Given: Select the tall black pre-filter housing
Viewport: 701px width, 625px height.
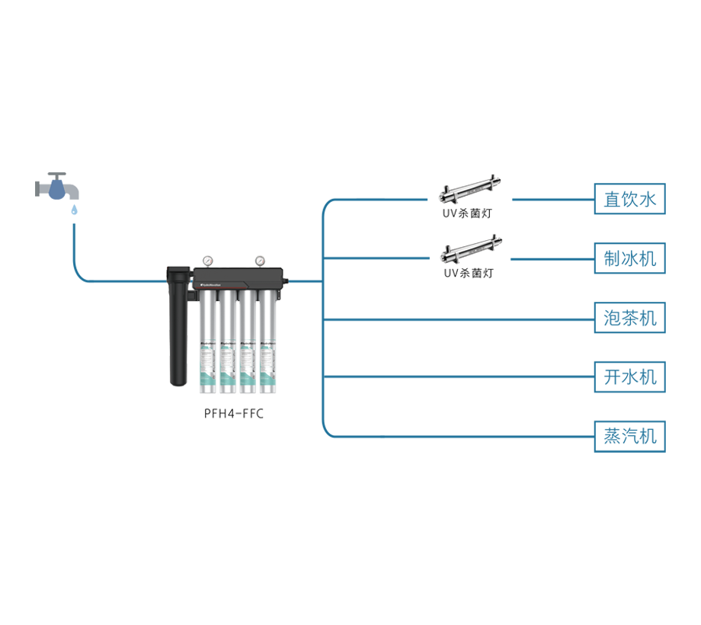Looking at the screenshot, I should click(177, 328).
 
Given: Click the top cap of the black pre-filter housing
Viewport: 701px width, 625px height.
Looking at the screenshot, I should click(177, 271).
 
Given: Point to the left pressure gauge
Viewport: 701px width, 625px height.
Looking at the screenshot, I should click(204, 261).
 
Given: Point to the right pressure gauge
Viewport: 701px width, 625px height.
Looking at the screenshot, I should click(260, 261).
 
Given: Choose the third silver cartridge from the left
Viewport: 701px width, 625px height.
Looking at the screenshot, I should click(246, 343).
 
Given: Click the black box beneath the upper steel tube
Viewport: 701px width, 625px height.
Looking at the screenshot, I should click(467, 216).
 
